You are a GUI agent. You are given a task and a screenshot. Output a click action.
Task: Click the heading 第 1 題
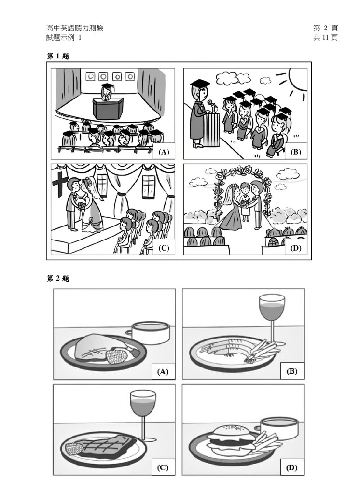tap(58, 56)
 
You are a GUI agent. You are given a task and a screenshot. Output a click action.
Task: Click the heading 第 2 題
tap(58, 279)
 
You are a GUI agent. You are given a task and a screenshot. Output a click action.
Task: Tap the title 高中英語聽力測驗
tap(75, 28)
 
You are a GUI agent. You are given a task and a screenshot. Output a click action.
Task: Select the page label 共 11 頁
tap(325, 38)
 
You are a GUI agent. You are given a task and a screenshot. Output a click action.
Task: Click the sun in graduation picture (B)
tap(298, 79)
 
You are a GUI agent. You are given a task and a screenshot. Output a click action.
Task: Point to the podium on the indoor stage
tap(108, 108)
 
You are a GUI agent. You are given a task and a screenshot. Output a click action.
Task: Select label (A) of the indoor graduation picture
tap(164, 152)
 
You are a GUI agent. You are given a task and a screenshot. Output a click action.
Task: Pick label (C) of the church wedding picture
tap(164, 248)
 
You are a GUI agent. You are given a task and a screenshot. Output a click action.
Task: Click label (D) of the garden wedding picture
tap(295, 248)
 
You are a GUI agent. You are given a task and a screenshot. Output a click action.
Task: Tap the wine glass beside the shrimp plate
tap(272, 318)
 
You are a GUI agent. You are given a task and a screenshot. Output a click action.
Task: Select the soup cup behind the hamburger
tap(278, 427)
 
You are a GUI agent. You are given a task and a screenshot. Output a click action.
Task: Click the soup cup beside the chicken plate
tap(150, 332)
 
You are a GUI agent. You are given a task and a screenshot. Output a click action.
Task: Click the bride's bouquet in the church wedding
tap(82, 205)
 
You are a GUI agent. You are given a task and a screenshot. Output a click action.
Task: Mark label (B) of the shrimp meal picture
tap(291, 371)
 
